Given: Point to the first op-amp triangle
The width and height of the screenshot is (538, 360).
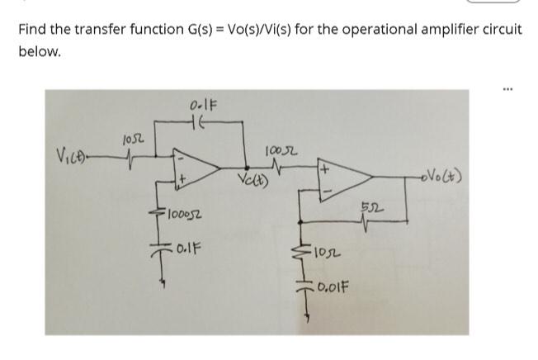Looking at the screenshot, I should tap(195, 165).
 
